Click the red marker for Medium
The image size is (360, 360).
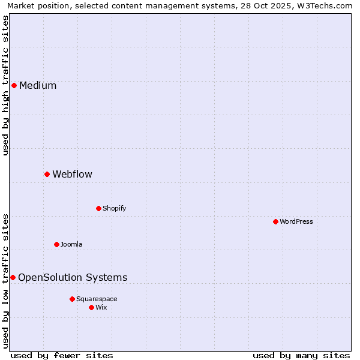click(x=14, y=85)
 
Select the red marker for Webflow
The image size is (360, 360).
click(x=47, y=174)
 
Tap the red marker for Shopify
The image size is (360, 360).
click(x=98, y=208)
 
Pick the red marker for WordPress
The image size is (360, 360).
click(x=275, y=221)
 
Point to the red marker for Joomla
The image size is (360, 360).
click(x=56, y=244)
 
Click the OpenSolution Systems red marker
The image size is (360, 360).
click(x=13, y=277)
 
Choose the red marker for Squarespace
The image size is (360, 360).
click(x=72, y=299)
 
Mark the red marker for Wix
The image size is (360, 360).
click(x=91, y=307)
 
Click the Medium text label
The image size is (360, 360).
click(x=38, y=85)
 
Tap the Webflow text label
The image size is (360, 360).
click(x=72, y=174)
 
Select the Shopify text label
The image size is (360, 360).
click(x=114, y=208)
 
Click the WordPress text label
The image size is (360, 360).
click(x=296, y=221)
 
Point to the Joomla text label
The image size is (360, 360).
click(x=71, y=244)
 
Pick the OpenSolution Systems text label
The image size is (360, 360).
click(x=73, y=277)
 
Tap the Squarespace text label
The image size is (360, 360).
click(x=97, y=299)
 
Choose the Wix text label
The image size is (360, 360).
click(x=101, y=307)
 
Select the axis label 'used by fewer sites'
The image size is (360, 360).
click(x=62, y=355)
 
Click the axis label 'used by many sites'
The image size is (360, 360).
click(x=301, y=355)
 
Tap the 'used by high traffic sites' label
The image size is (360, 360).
click(x=5, y=85)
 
